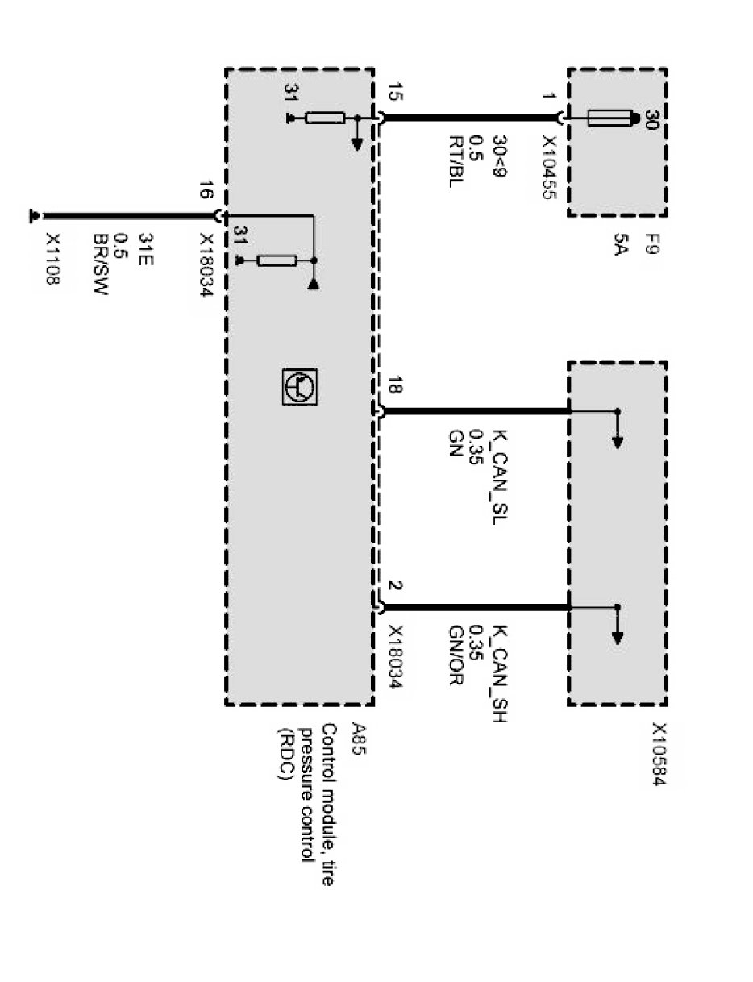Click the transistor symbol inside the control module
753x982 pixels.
[300, 386]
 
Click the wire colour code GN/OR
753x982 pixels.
[456, 659]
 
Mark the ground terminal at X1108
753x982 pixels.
[34, 216]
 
